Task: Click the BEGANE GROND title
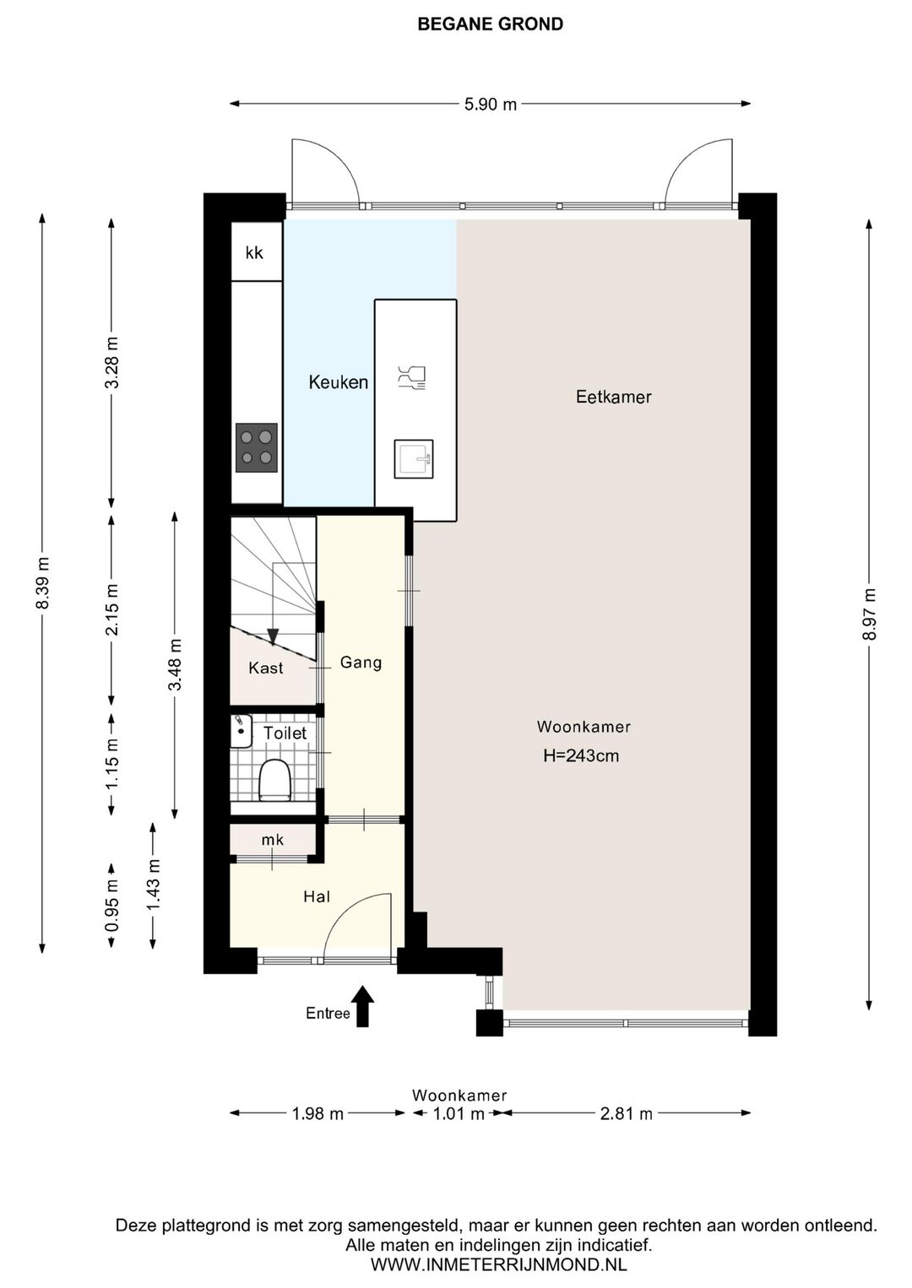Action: click(x=491, y=24)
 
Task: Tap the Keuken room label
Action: click(x=339, y=382)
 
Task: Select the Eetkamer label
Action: click(x=613, y=397)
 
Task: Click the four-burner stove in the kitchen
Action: click(x=256, y=448)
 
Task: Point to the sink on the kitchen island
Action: click(x=414, y=459)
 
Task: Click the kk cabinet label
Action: click(x=254, y=252)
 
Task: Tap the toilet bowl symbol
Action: click(x=274, y=780)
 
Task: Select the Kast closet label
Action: click(x=266, y=668)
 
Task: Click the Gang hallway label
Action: click(x=361, y=663)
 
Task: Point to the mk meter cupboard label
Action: click(x=273, y=840)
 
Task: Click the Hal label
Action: click(x=317, y=896)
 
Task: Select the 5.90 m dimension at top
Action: click(x=491, y=105)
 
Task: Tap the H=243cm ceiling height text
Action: click(x=581, y=755)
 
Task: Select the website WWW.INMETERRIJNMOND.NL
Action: click(x=499, y=1264)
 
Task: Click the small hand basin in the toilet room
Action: click(x=242, y=731)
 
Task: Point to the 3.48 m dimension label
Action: click(x=175, y=665)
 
